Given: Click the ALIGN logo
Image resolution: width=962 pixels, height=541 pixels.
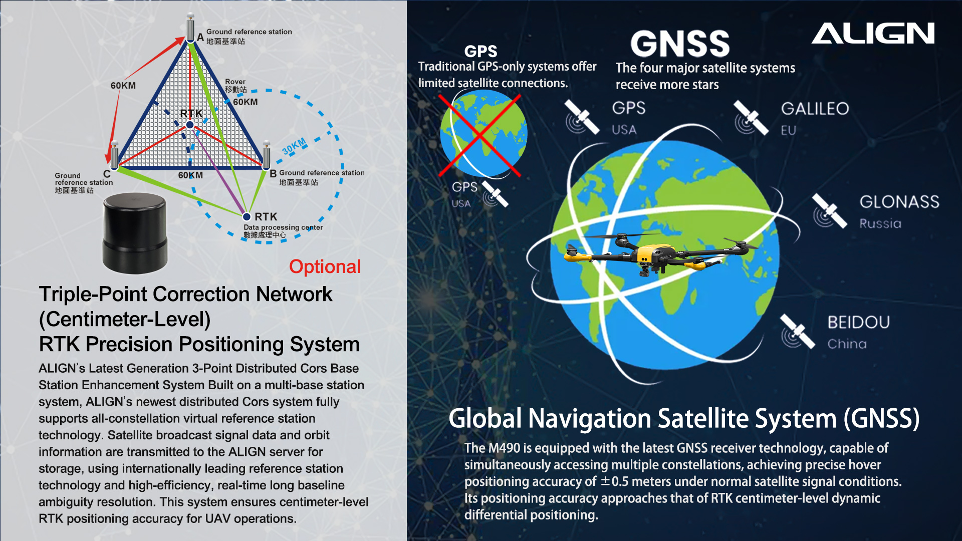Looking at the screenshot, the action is pos(873,33).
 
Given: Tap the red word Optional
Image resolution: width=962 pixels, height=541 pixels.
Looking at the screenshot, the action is pos(325,267).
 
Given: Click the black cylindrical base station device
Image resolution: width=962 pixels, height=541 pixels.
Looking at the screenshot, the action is pos(135,233).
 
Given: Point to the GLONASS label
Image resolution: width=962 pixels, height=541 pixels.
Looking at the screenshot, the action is pos(899,202).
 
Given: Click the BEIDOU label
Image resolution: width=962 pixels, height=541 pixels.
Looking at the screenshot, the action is pos(859,322).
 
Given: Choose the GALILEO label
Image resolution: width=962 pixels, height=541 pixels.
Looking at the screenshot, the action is pos(815,109).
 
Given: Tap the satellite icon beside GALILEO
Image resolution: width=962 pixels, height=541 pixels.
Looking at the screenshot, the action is pos(751,118).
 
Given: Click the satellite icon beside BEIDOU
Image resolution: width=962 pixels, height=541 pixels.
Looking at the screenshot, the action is pos(798,331).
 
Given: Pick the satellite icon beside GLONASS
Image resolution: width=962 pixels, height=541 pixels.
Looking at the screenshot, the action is pos(830,211).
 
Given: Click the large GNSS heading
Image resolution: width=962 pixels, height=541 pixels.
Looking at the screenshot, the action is pos(680,44).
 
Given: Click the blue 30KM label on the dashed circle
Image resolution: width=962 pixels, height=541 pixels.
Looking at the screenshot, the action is pos(294,147).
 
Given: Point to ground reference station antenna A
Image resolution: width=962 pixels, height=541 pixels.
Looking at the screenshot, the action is pos(190,28).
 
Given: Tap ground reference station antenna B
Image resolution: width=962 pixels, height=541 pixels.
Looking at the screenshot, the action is pos(266,155).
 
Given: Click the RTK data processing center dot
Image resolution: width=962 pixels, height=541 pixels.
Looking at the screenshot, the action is pos(247,217).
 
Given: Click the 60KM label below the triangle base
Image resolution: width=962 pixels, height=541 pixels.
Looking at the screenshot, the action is pos(190,175).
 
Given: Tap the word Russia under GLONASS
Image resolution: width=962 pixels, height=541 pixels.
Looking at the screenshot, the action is pos(880,223).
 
